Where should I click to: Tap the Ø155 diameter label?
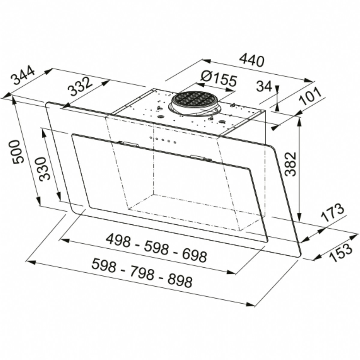tap(218, 80)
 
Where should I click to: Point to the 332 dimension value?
tap(80, 87)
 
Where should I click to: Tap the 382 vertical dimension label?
tap(290, 165)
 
